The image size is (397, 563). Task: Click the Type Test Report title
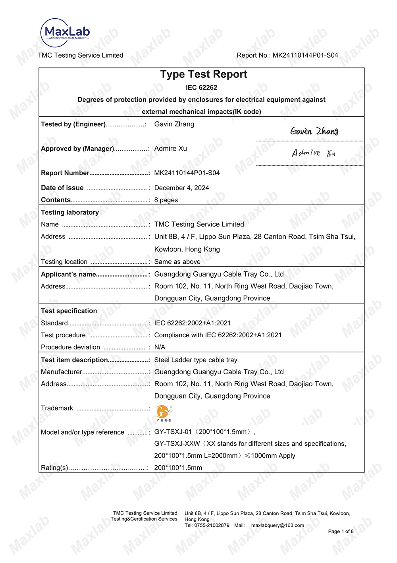click(203, 74)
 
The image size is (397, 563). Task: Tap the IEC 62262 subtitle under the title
click(201, 87)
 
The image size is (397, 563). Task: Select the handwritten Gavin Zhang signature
click(314, 131)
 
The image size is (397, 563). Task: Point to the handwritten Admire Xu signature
click(313, 153)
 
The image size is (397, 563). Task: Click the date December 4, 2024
click(181, 188)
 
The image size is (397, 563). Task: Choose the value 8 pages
click(166, 200)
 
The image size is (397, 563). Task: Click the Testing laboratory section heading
click(70, 212)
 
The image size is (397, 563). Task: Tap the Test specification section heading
click(69, 311)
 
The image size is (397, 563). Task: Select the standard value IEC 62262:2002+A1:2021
click(193, 323)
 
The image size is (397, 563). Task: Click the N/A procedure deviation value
click(160, 347)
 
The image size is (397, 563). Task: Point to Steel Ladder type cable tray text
click(196, 360)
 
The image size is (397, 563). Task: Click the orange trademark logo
click(164, 412)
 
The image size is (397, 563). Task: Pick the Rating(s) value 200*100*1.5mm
click(178, 468)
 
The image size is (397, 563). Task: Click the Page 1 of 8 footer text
click(341, 531)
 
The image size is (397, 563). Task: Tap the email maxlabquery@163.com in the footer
click(278, 525)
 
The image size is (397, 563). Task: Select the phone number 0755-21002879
click(212, 525)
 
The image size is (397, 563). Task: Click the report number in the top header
click(305, 55)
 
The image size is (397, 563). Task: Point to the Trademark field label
click(57, 408)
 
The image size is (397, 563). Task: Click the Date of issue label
click(62, 188)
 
